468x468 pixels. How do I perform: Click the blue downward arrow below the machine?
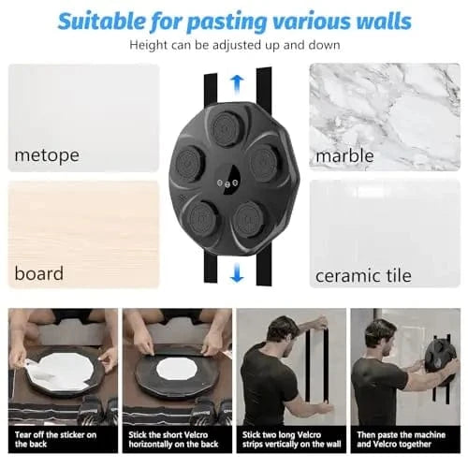237,272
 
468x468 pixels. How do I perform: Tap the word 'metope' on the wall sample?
47,155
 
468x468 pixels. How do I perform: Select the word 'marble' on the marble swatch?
344,155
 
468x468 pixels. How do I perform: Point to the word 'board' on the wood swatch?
39,273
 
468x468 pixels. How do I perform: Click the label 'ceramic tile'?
363,275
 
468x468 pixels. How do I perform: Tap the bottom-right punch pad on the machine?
249,219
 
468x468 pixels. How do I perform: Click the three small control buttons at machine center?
227,183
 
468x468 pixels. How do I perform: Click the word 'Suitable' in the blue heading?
101,21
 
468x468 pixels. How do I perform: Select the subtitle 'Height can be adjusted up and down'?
235,45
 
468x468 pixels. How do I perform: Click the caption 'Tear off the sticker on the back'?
55,439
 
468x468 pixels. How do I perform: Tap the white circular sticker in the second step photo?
177,368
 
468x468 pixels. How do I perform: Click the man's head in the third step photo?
283,331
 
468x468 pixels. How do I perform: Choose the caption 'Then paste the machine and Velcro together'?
402,439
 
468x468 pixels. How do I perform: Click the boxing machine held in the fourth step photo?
442,358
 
